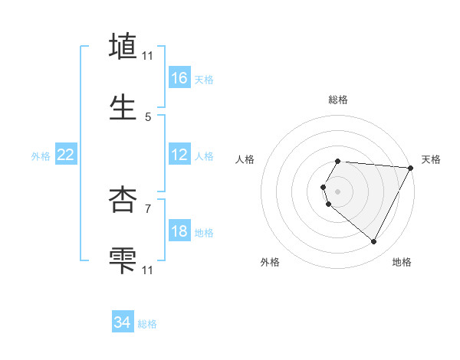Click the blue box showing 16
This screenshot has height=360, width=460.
point(179,77)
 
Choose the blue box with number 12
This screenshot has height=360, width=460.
point(179,155)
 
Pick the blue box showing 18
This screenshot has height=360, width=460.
point(179,232)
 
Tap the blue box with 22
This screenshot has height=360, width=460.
point(66,155)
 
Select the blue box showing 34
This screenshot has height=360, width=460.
point(123,322)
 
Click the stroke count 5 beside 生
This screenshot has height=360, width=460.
point(148,117)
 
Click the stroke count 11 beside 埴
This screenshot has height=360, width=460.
point(148,55)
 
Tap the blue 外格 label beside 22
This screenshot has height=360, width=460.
point(41,156)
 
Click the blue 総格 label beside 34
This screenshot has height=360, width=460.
point(147,324)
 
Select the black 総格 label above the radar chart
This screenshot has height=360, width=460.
point(337,100)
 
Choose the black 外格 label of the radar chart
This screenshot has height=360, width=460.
point(270,262)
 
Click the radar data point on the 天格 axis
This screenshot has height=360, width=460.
point(411,168)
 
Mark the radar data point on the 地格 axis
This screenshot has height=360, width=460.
point(374,242)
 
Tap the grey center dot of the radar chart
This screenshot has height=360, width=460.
point(337,191)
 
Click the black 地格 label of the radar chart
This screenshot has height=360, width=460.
point(402,262)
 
